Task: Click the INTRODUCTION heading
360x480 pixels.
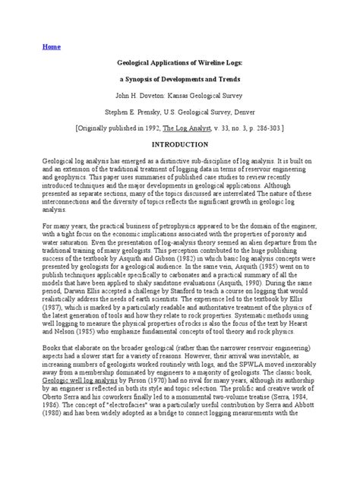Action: coord(179,144)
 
